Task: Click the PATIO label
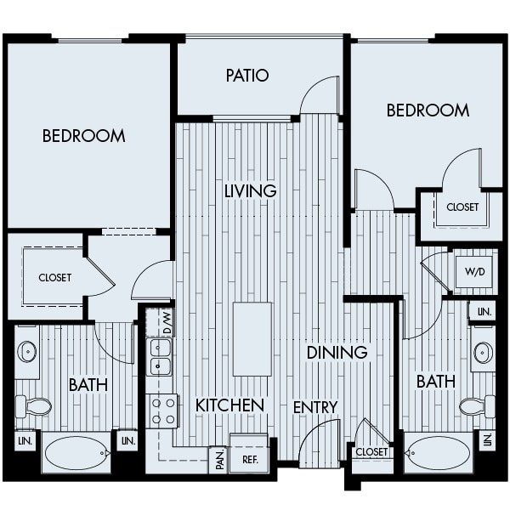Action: coord(247,76)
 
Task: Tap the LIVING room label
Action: coord(251,190)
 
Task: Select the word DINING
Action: coord(337,352)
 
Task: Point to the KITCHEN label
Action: coord(229,405)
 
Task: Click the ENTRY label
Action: coord(315,407)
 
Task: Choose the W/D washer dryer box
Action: coord(473,273)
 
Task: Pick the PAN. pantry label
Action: coord(219,459)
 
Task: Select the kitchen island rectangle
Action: coord(252,338)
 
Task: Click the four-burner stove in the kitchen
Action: coord(162,411)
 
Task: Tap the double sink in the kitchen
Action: coord(160,357)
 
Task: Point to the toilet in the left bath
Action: coord(32,406)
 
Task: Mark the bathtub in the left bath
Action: coord(77,453)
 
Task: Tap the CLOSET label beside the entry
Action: coord(372,452)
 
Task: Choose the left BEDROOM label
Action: coord(83,135)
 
